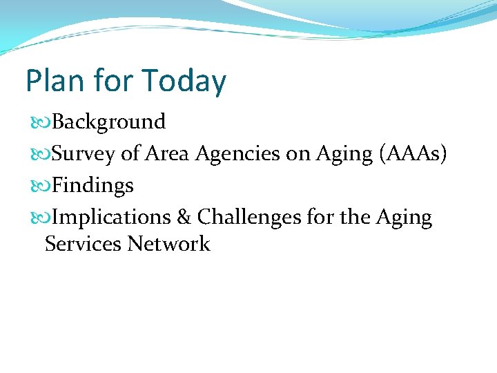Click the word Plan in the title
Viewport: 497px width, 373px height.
click(x=52, y=81)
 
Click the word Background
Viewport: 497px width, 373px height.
click(x=108, y=122)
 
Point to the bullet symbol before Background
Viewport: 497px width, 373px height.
click(x=41, y=122)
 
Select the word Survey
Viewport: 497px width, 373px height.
click(x=84, y=154)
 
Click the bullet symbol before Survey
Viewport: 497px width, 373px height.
click(x=41, y=154)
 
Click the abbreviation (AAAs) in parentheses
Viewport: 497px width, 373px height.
click(x=413, y=153)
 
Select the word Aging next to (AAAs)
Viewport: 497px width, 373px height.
click(x=344, y=154)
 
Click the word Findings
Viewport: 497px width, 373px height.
click(x=92, y=186)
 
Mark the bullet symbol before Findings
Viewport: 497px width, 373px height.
click(x=41, y=186)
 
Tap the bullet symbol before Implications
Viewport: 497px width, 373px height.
click(x=41, y=218)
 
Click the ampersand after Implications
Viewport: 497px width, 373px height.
click(x=184, y=218)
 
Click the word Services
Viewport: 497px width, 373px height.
click(x=82, y=244)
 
